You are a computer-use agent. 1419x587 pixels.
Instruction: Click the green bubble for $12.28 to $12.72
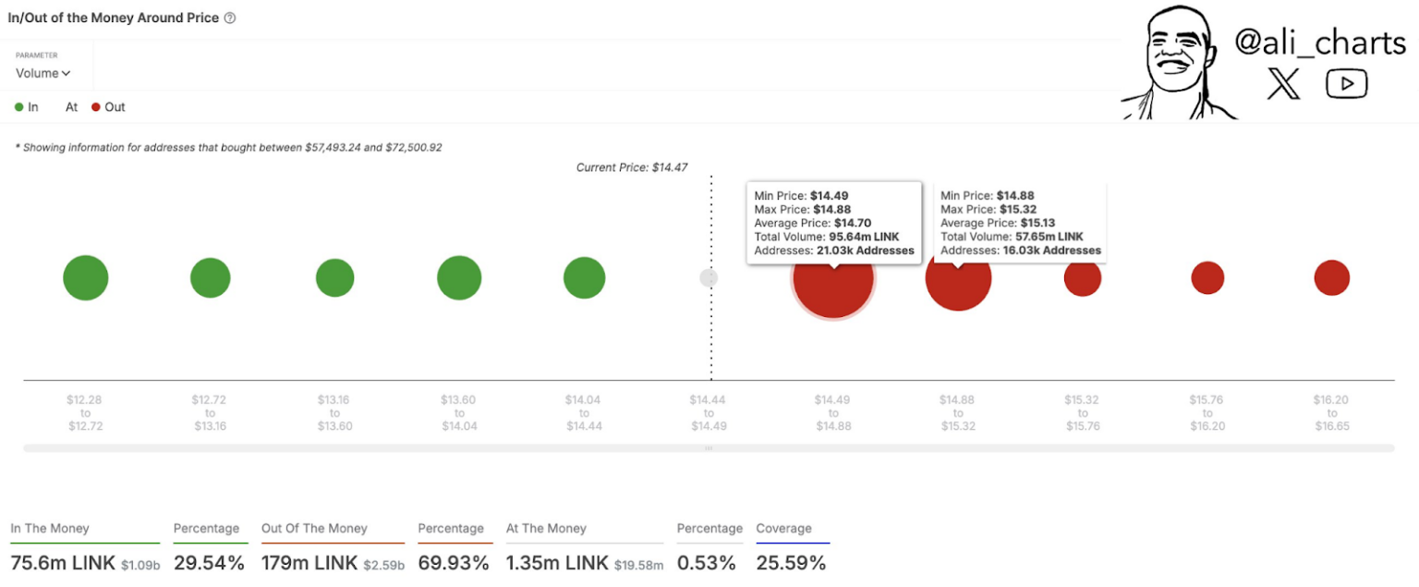(86, 277)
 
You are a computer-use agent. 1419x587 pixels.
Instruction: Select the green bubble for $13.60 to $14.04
(459, 277)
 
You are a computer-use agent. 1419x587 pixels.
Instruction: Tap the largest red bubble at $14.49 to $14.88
(832, 279)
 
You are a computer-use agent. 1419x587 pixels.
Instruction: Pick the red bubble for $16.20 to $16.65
(1331, 277)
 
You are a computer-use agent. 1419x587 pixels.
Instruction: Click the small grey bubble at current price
(709, 277)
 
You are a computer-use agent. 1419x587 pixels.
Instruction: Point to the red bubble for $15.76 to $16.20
(1207, 277)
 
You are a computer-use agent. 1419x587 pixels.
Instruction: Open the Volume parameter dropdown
(42, 73)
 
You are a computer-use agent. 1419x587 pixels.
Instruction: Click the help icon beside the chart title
(230, 18)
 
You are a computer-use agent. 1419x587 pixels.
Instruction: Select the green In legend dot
(19, 107)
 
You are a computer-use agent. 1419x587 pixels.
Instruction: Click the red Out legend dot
(96, 107)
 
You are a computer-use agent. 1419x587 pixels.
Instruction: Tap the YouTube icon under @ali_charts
(1346, 84)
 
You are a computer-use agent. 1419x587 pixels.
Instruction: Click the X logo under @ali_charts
(1283, 84)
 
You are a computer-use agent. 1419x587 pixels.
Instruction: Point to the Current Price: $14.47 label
(632, 167)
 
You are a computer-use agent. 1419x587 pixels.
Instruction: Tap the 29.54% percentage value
(209, 562)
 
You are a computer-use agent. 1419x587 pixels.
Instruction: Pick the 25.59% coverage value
(791, 562)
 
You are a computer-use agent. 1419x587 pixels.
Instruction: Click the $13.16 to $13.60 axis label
(334, 413)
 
